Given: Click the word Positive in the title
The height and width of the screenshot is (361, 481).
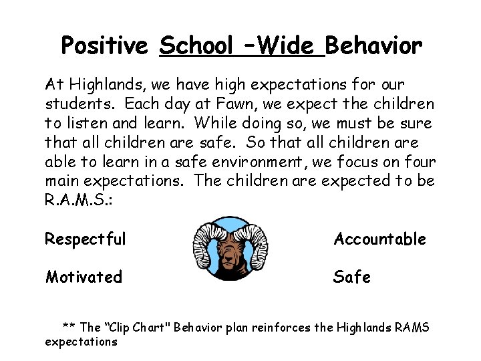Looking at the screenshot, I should (104, 46).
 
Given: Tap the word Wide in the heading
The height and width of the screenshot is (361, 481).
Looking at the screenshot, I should (285, 46).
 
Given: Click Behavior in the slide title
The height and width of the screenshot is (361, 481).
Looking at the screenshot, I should (374, 46).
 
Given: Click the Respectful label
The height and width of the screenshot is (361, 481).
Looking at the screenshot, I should (86, 239).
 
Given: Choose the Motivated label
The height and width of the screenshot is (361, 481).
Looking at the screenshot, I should (84, 277).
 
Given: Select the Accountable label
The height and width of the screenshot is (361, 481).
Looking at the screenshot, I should (379, 239).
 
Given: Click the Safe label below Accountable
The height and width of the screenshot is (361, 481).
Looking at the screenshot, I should (352, 277).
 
